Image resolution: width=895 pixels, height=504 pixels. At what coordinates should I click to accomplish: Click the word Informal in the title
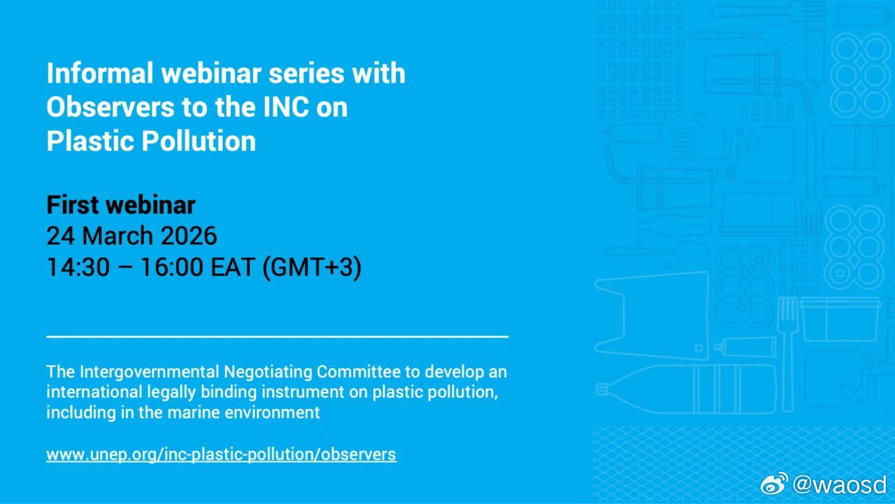(100, 73)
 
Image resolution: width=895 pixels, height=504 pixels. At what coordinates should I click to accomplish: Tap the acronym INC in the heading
(286, 107)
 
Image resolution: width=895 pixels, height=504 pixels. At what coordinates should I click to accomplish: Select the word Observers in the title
(110, 107)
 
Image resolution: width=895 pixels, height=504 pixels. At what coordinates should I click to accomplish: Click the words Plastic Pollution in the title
(151, 141)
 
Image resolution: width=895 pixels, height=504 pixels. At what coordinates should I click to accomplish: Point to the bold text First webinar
(121, 205)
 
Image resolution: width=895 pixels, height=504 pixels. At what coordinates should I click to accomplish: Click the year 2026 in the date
(189, 236)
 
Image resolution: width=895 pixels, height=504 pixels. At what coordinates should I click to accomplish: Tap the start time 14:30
(78, 267)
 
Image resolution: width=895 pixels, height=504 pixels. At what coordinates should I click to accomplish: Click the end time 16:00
(172, 267)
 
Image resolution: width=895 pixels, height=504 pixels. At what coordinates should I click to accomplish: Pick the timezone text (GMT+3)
(312, 267)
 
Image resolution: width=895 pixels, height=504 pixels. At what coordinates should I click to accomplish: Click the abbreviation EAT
(233, 267)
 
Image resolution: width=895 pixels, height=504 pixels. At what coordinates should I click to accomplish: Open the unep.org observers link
(222, 455)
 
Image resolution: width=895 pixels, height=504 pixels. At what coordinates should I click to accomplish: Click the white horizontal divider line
(278, 337)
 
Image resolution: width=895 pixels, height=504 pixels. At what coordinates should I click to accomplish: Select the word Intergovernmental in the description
(149, 372)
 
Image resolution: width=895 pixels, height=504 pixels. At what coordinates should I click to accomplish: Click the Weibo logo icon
(774, 484)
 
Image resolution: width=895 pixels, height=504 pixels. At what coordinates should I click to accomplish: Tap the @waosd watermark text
(840, 484)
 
